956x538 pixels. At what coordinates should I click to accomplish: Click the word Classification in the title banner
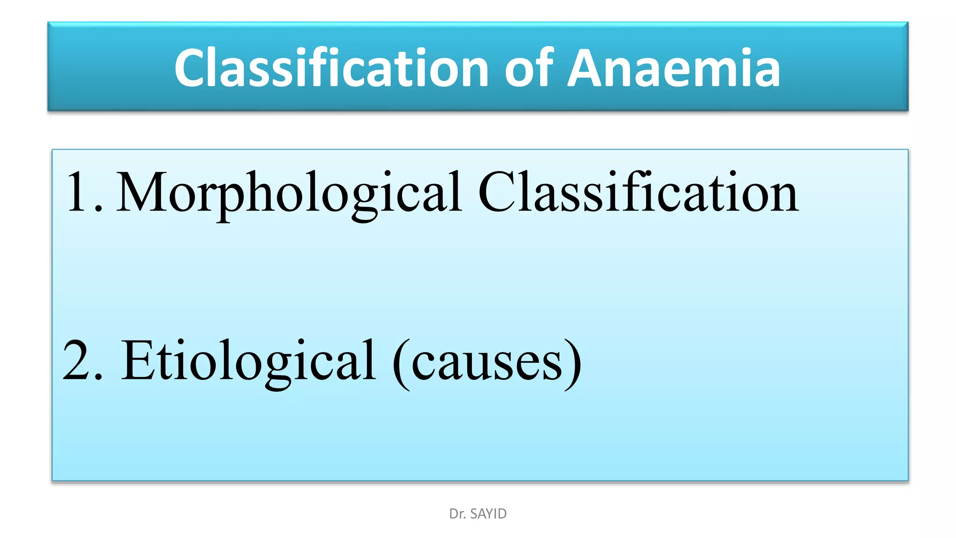point(331,68)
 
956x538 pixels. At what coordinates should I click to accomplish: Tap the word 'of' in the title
point(529,68)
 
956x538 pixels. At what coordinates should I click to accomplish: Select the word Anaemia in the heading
point(674,68)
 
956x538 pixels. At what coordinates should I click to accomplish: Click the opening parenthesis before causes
point(401,364)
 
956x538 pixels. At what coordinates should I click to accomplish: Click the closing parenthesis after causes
point(573,364)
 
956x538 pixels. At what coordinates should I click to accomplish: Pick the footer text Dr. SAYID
point(478,514)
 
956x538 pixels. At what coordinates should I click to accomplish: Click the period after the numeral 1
point(98,209)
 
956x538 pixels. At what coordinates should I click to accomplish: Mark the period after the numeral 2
point(98,376)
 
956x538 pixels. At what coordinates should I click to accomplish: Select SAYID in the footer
point(488,514)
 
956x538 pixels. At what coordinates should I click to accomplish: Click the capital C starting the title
point(191,68)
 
